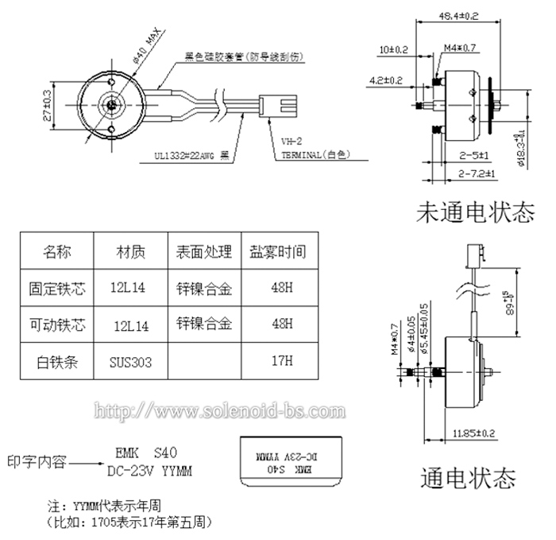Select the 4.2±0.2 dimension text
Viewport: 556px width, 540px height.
pos(387,80)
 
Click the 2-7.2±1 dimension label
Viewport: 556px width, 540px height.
pos(478,173)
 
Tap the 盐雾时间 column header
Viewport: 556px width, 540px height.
pos(276,252)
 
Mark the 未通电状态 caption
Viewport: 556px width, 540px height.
pos(474,214)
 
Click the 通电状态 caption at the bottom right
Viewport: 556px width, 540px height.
pos(467,478)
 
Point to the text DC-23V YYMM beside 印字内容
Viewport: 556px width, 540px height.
pos(149,471)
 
